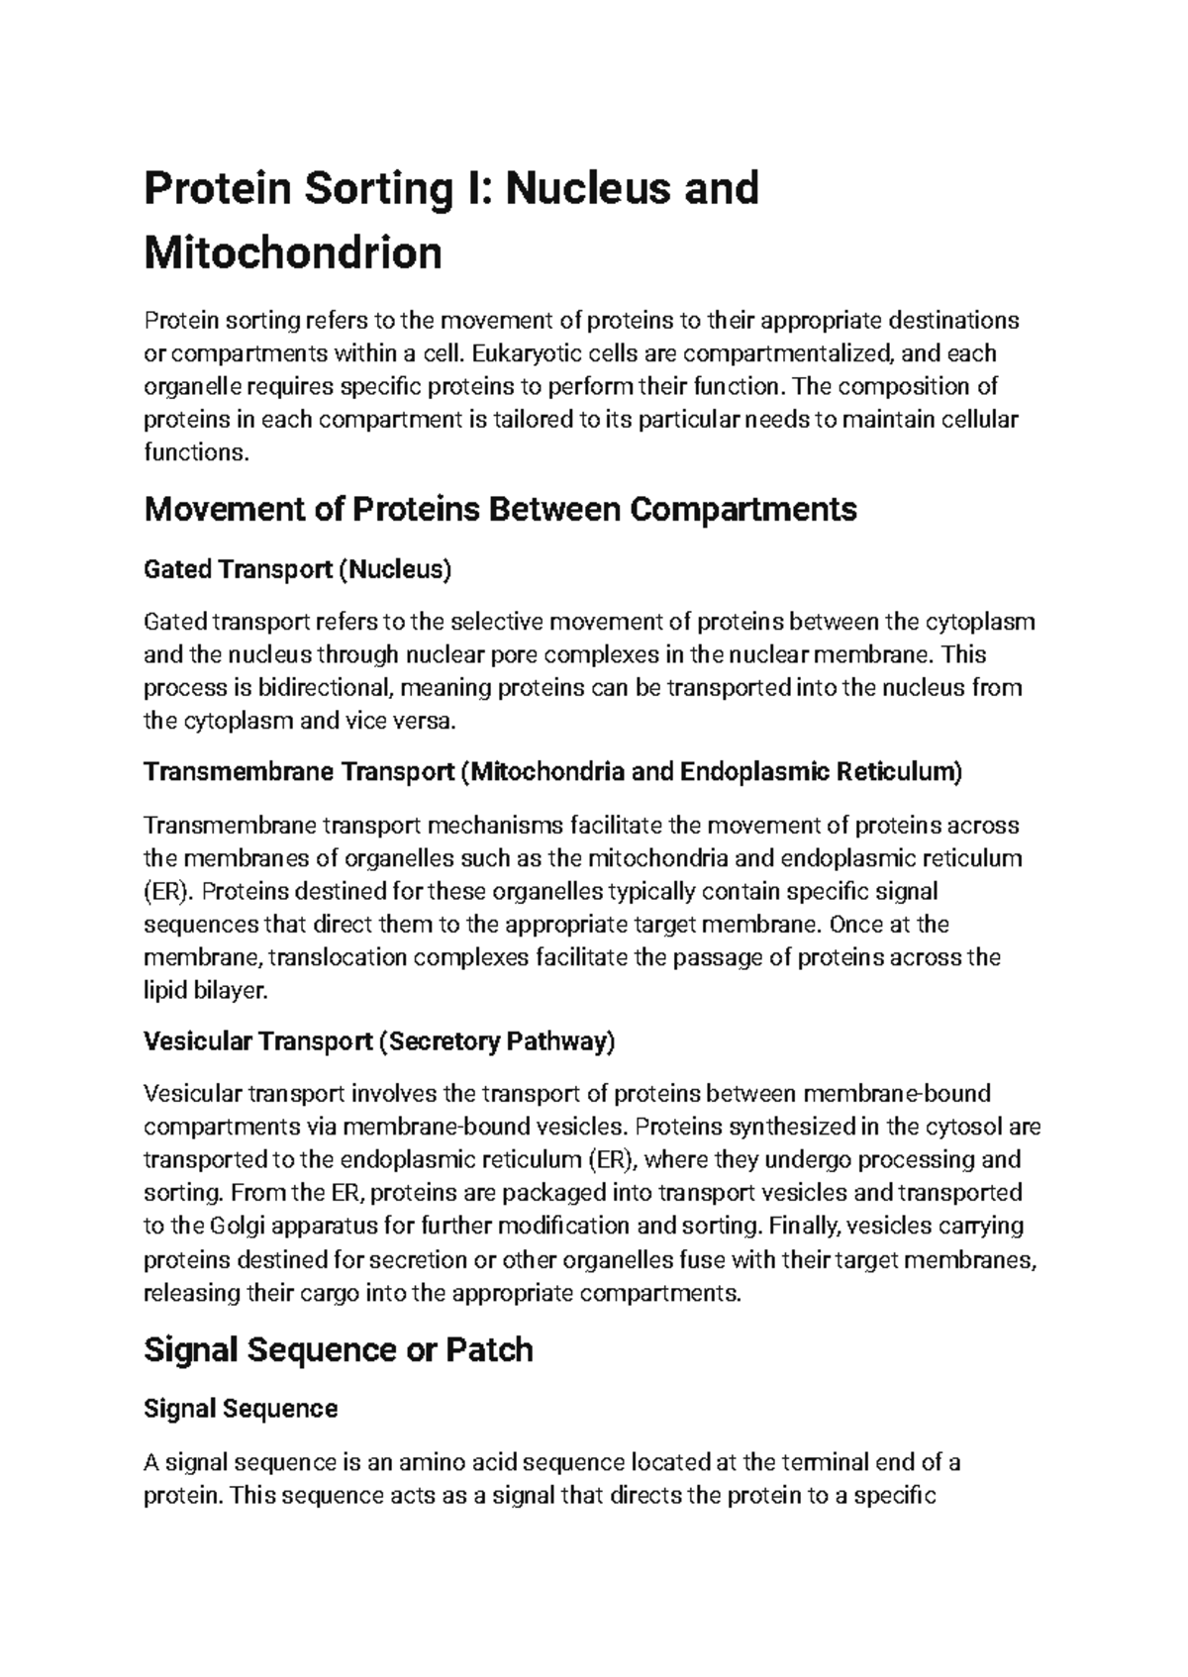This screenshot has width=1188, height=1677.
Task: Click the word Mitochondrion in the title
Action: [293, 253]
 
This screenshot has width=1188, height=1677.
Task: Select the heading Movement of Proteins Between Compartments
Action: [500, 510]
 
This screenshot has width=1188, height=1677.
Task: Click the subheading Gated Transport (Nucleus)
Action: [297, 569]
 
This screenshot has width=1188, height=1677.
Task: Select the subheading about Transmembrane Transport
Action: [552, 771]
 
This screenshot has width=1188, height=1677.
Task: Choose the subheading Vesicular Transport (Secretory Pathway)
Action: [379, 1041]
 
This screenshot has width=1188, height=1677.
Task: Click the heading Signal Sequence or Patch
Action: [339, 1349]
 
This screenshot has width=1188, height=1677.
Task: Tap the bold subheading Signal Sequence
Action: [241, 1409]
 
